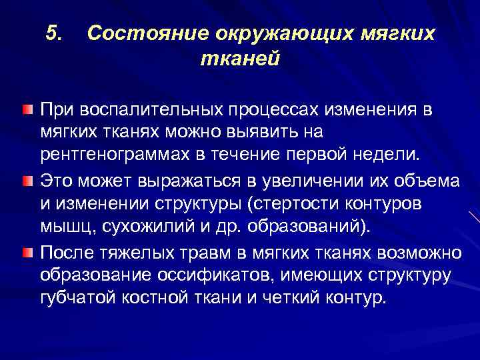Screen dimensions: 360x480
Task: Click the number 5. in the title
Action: click(x=55, y=33)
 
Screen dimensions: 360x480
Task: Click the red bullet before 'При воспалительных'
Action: click(x=26, y=109)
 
